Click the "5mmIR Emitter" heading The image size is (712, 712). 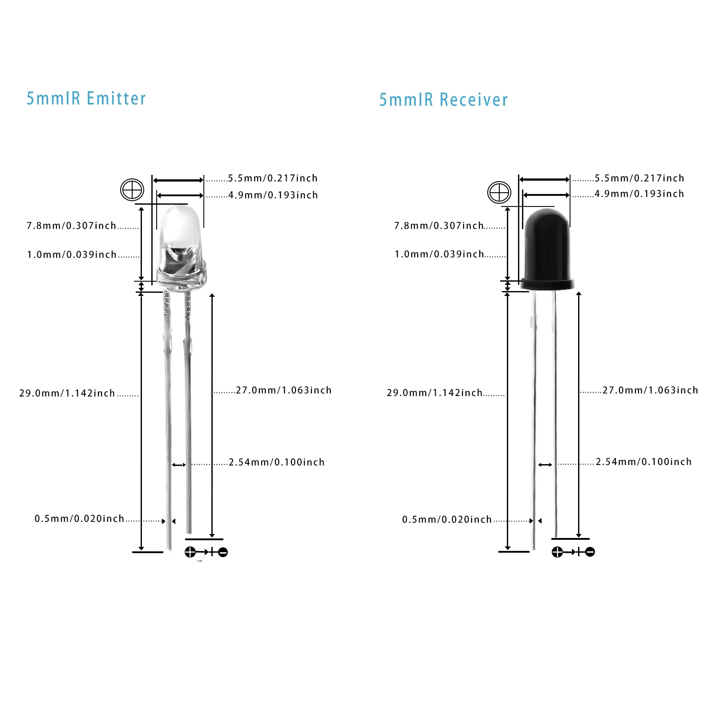tap(86, 98)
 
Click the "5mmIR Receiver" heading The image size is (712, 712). tap(443, 100)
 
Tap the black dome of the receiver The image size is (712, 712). tap(547, 240)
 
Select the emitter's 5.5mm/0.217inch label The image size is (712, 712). tap(273, 178)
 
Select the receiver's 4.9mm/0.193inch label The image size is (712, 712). tap(639, 194)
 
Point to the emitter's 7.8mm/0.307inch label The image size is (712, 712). tap(71, 226)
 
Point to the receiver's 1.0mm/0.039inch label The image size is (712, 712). tap(439, 254)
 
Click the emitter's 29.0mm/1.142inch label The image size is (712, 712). tap(67, 393)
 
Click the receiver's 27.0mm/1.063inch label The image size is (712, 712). tap(650, 390)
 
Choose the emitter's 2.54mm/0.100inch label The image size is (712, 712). tap(276, 462)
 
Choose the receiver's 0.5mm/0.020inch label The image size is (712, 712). tap(447, 519)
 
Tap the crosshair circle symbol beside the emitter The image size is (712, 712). tap(132, 190)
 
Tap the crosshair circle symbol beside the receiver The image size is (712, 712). tap(499, 193)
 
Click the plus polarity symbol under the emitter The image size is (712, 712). tap(190, 552)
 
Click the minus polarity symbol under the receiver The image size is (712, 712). tap(590, 552)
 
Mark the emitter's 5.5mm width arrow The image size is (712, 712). tap(178, 180)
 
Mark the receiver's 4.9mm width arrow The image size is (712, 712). tap(546, 195)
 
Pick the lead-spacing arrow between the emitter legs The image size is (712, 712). tap(179, 465)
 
